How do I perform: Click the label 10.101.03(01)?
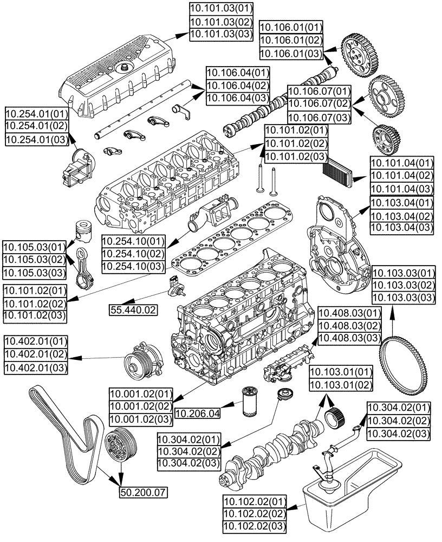pyautogui.click(x=214, y=9)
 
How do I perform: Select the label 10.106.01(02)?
pyautogui.click(x=291, y=41)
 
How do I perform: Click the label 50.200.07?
pyautogui.click(x=143, y=492)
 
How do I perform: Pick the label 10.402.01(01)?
pyautogui.click(x=36, y=342)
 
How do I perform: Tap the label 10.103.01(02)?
pyautogui.click(x=341, y=385)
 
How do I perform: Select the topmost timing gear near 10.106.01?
pyautogui.click(x=359, y=55)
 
